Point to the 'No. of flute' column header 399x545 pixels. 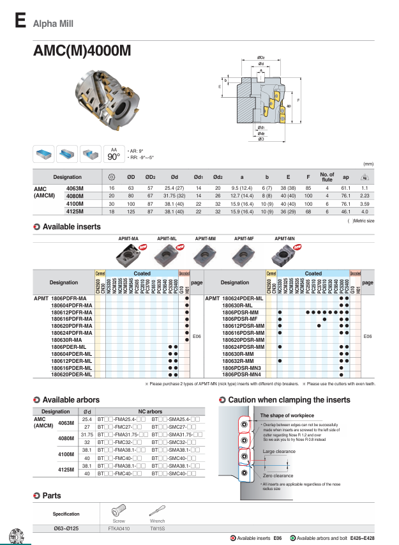[x=327, y=177]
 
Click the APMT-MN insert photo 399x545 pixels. [x=283, y=255]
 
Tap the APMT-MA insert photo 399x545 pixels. [x=130, y=255]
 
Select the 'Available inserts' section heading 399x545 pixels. [x=72, y=226]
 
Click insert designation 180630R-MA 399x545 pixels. [x=72, y=340]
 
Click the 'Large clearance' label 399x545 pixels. [x=278, y=452]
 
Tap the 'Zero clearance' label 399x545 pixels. [x=278, y=475]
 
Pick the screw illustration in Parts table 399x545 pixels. [x=119, y=510]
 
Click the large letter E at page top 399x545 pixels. [x=20, y=22]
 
